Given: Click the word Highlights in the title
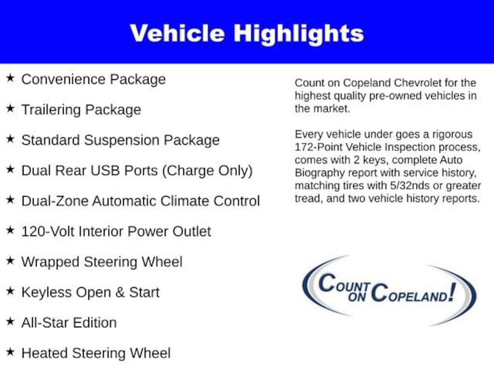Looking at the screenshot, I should point(299,33).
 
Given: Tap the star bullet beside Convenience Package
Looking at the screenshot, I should point(10,78).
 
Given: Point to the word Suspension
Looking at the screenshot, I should point(123,140).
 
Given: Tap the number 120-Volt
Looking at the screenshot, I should point(47,231).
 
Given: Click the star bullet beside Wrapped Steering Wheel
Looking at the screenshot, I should point(10,261).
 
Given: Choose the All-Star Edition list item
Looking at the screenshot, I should point(69,323).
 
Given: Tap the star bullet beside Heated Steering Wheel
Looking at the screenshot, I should point(10,352).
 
